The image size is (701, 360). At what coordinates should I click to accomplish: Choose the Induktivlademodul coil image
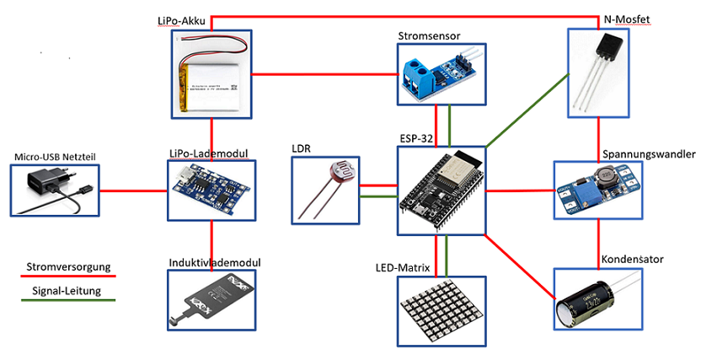coord(210,304)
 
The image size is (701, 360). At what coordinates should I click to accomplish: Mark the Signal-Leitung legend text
coord(67,292)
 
